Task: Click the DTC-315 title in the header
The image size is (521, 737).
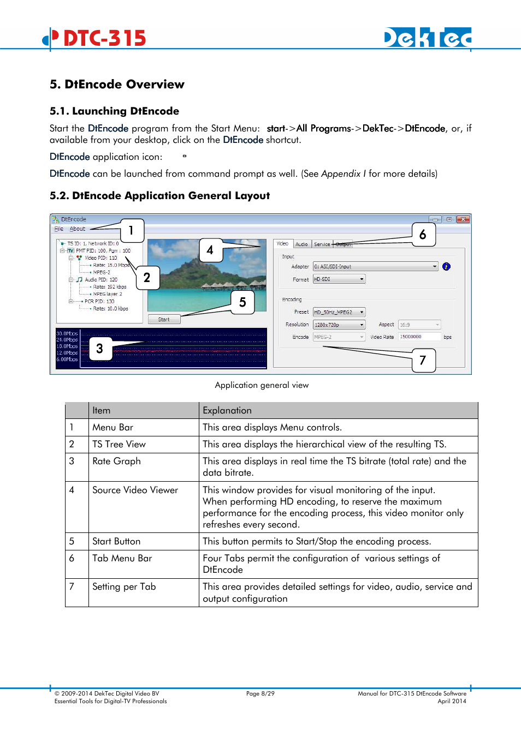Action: [x=104, y=38]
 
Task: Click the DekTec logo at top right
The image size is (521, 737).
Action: [x=428, y=38]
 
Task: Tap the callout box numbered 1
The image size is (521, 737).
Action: [x=131, y=230]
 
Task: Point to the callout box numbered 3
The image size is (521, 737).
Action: [x=99, y=349]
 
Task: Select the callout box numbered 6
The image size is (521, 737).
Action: [x=423, y=235]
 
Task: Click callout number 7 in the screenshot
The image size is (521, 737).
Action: [x=423, y=360]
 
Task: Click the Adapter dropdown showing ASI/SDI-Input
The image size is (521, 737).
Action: [x=375, y=267]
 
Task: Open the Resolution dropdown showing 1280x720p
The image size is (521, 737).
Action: [x=339, y=325]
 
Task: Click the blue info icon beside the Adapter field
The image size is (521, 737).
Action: [x=446, y=267]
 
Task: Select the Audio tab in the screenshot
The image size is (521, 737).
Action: [x=301, y=244]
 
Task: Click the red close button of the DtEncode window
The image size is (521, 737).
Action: [x=463, y=219]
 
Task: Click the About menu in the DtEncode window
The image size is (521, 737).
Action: [x=78, y=229]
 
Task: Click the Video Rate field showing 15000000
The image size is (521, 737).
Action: [x=419, y=337]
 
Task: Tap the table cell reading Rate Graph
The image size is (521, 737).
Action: [x=116, y=461]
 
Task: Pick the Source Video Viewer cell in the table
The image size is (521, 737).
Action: [x=135, y=490]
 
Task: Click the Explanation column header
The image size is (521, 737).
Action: [x=227, y=410]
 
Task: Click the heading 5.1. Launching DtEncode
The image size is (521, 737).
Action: [x=114, y=111]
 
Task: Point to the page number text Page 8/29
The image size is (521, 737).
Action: [x=260, y=693]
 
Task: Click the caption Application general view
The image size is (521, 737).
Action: [x=262, y=385]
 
